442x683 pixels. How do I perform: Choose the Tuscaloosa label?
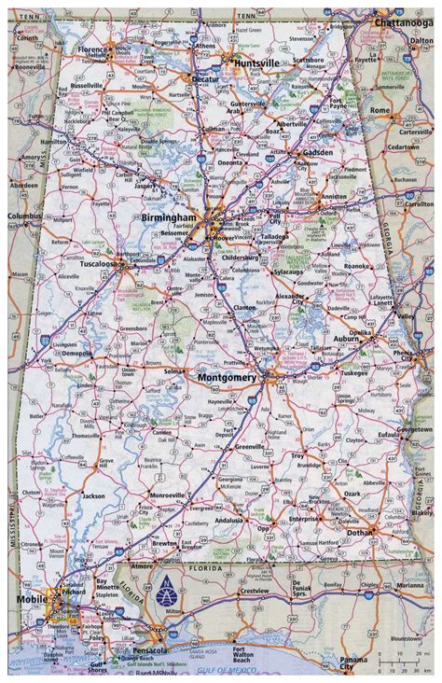[x=93, y=264]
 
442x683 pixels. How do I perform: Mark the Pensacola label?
[x=147, y=647]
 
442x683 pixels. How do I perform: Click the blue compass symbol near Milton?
[x=167, y=586]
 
